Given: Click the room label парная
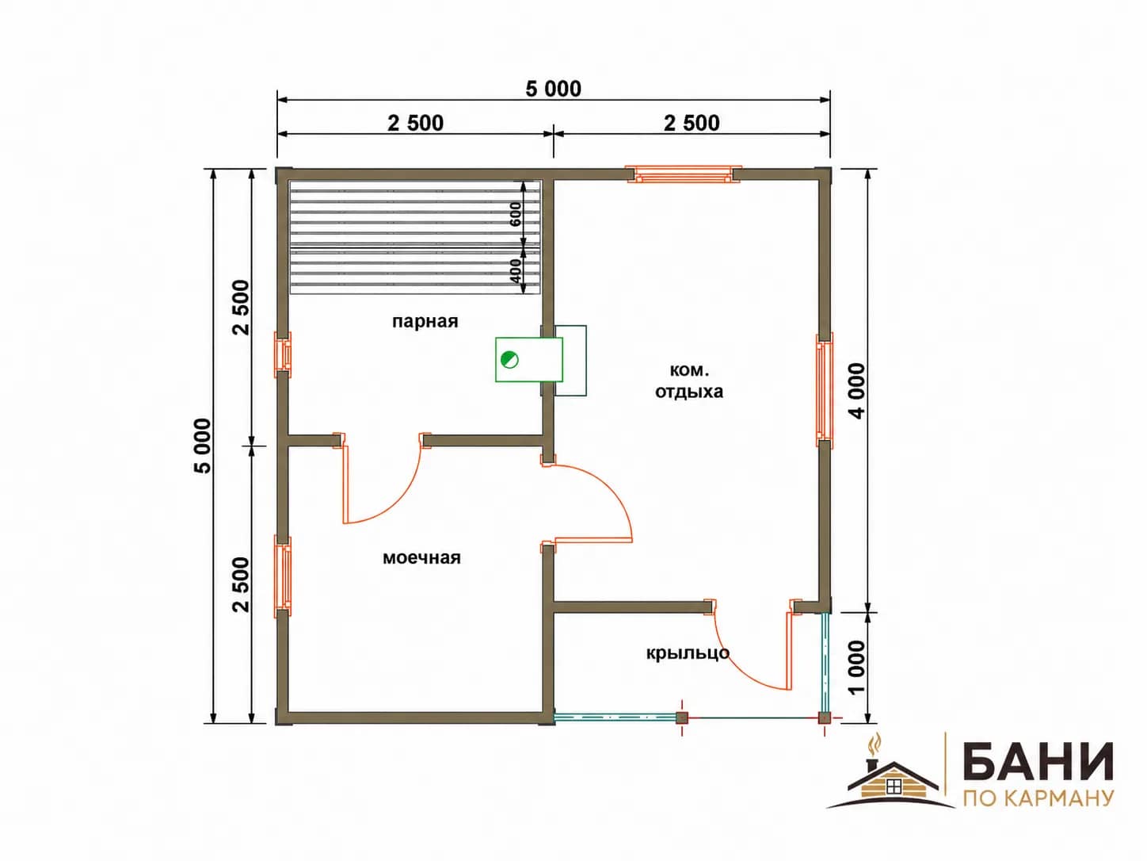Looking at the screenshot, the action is (425, 322).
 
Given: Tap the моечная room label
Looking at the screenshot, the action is (421, 558).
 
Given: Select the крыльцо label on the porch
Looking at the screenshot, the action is (688, 653).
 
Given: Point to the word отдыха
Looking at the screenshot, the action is (689, 392).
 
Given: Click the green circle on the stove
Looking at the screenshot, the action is (509, 360).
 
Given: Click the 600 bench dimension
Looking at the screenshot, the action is (515, 214).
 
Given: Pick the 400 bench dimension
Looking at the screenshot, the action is (515, 271).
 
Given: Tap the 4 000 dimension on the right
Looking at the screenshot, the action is (858, 391).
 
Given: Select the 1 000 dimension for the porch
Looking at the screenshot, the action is (858, 668).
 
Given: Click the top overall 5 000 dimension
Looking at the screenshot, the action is (554, 90).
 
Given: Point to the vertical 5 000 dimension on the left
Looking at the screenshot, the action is (203, 446).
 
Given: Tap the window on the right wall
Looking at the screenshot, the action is (824, 390).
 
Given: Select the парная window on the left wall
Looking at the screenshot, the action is (283, 354).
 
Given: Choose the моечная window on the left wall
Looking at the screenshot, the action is (283, 576).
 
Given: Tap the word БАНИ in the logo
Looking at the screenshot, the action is (1038, 763).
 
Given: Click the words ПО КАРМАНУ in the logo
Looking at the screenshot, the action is (1038, 798).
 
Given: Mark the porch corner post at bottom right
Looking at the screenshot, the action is (824, 717).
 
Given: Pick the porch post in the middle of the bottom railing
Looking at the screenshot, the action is (682, 717).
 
